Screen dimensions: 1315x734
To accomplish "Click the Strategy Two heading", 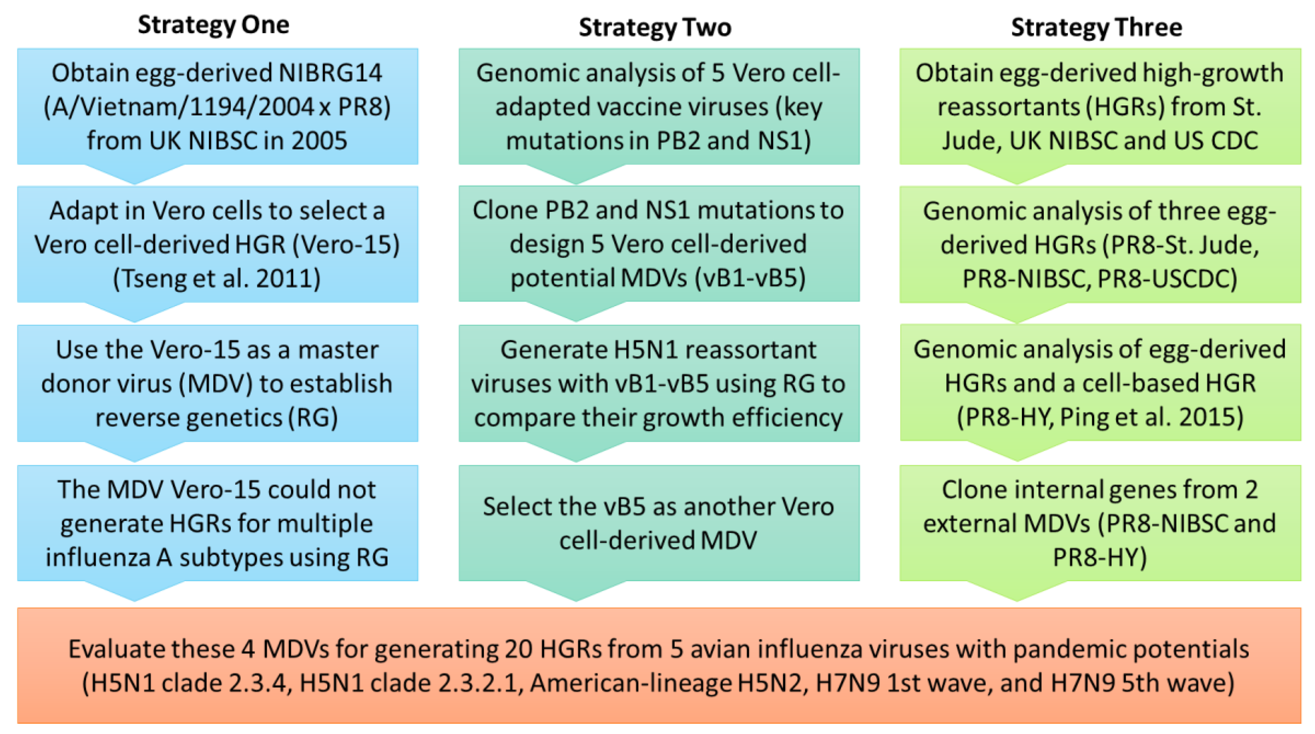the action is coord(655,27).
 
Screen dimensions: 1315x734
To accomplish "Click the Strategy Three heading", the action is coord(1097,27).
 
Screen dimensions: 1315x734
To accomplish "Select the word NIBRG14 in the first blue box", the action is coord(330,73).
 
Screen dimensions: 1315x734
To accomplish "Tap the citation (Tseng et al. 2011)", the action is coord(217,278).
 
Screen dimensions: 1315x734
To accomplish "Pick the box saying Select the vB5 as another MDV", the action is coord(659,523).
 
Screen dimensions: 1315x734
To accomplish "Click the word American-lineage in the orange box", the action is coord(630,684).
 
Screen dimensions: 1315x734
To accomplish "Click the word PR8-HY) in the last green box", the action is coord(1100,557).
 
